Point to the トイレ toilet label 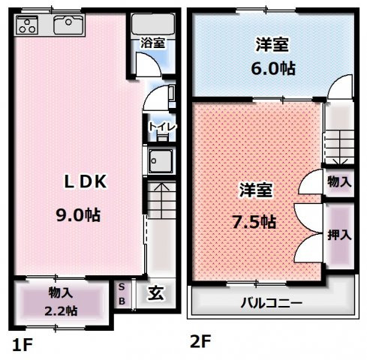(161, 127)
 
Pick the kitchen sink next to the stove (68, 25)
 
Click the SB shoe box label (124, 293)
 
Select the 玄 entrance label (155, 293)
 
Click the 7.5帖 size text (253, 221)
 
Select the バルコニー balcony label (271, 304)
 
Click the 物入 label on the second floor (340, 181)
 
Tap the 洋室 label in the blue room (272, 43)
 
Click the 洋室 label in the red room (255, 190)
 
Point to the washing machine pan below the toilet (159, 161)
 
